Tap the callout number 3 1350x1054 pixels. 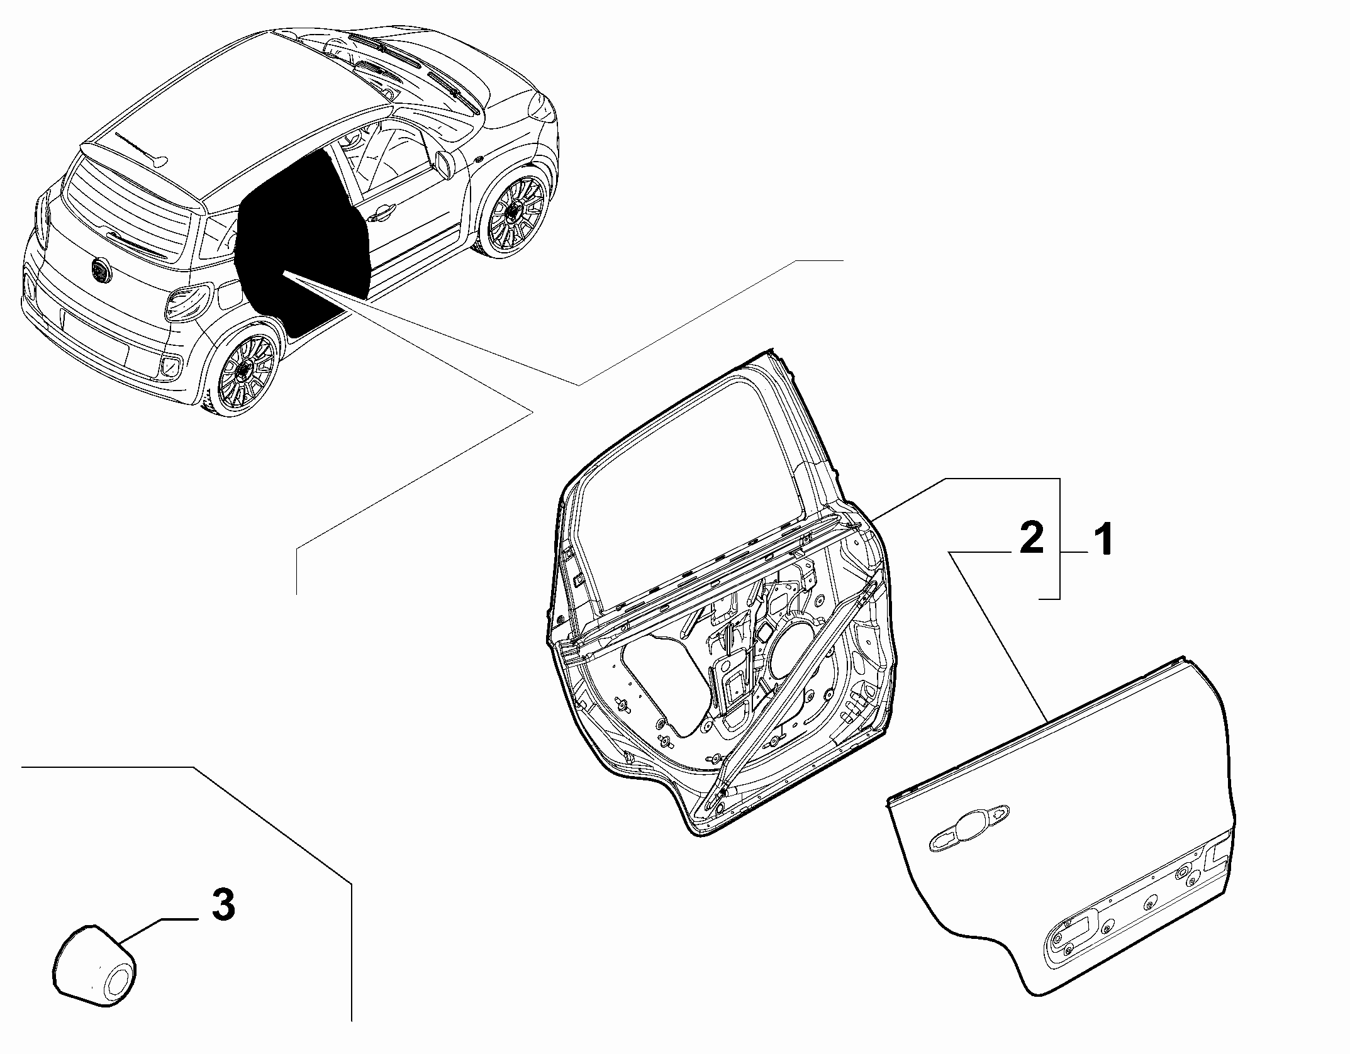pos(223,905)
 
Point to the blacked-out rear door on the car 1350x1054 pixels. pos(302,239)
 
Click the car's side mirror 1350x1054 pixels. pos(445,164)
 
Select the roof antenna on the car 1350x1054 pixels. pos(141,148)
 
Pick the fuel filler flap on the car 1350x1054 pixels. pos(226,295)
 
